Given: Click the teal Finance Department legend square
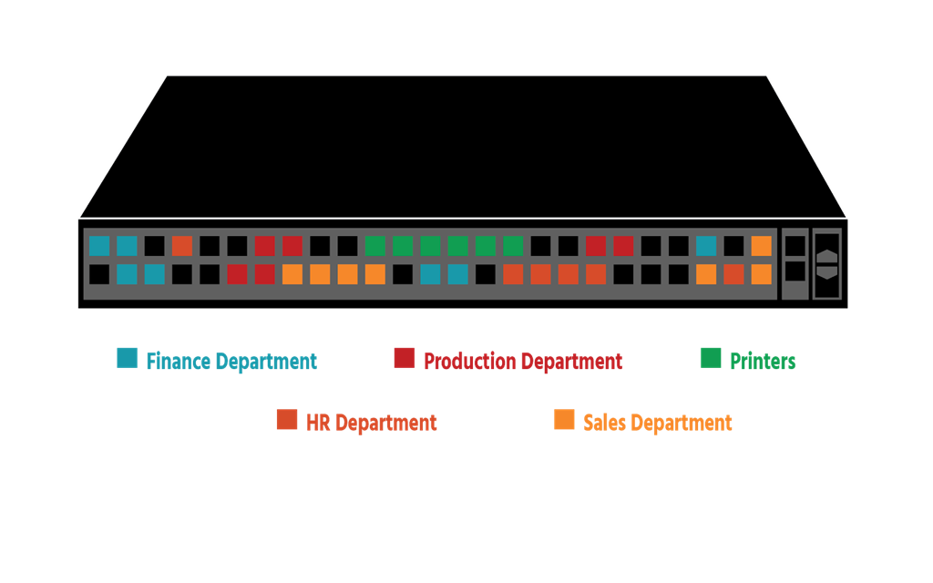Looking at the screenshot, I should click(x=127, y=358).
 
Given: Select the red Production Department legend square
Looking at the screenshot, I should click(x=404, y=358).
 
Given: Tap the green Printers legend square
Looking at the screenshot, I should click(x=711, y=358).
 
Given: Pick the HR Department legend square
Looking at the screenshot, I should click(x=286, y=419).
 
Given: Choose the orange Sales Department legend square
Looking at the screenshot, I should click(x=564, y=419).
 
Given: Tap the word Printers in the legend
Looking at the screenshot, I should click(x=763, y=362).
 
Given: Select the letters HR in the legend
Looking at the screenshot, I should click(x=318, y=423).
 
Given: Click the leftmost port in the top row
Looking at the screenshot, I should click(x=99, y=246).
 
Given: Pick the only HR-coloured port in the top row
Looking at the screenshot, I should click(x=182, y=246).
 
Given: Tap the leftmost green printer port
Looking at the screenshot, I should click(x=374, y=246).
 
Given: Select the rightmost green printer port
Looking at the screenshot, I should click(x=513, y=246).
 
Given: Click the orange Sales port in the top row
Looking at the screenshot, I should click(x=761, y=246).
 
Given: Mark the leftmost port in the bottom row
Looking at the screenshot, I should click(x=99, y=274).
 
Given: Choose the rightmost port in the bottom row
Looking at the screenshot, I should click(x=761, y=274).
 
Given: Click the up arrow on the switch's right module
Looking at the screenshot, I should click(x=826, y=256).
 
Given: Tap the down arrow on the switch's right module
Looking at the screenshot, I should click(x=826, y=272).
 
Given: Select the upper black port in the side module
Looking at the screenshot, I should click(x=795, y=245).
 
